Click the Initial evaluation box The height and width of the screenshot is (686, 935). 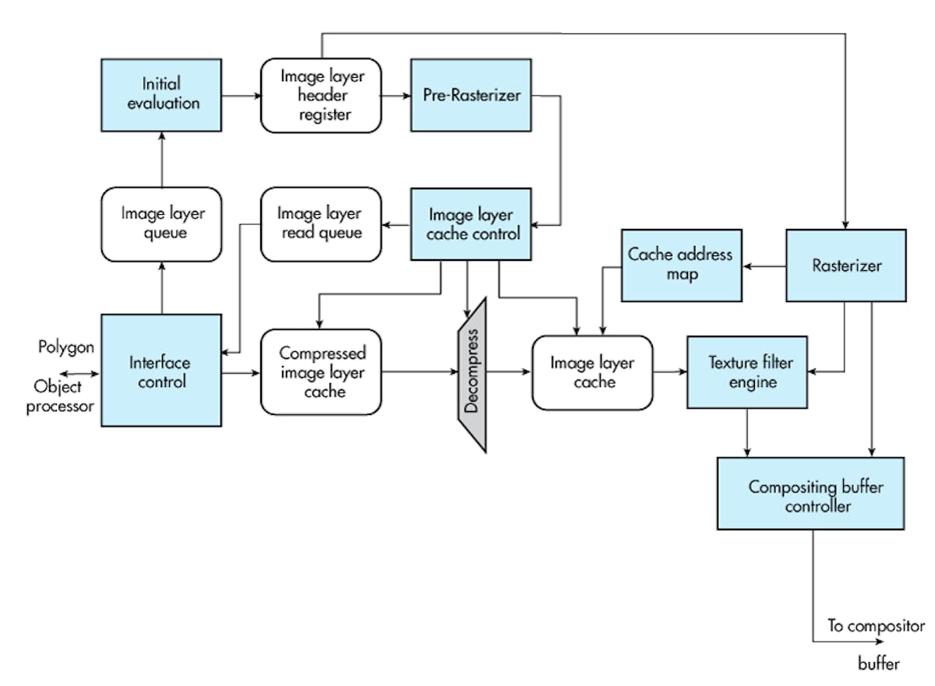click(161, 94)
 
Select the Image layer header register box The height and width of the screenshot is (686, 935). click(321, 94)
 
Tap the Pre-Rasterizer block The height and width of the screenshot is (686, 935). click(471, 94)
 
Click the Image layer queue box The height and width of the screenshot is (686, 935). click(161, 223)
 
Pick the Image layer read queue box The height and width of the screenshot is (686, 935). click(320, 223)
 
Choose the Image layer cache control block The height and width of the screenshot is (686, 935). click(471, 223)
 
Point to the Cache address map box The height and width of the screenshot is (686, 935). click(680, 265)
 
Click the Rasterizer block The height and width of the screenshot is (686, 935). click(845, 265)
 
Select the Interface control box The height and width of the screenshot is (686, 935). click(161, 371)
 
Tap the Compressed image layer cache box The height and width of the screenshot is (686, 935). click(321, 372)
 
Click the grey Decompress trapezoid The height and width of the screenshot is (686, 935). click(471, 375)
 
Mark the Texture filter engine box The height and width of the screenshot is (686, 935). click(746, 372)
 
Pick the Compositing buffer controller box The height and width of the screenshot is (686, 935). click(810, 494)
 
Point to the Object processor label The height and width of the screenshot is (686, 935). click(63, 396)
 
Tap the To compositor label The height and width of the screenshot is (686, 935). click(875, 626)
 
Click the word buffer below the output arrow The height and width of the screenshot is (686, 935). click(878, 663)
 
